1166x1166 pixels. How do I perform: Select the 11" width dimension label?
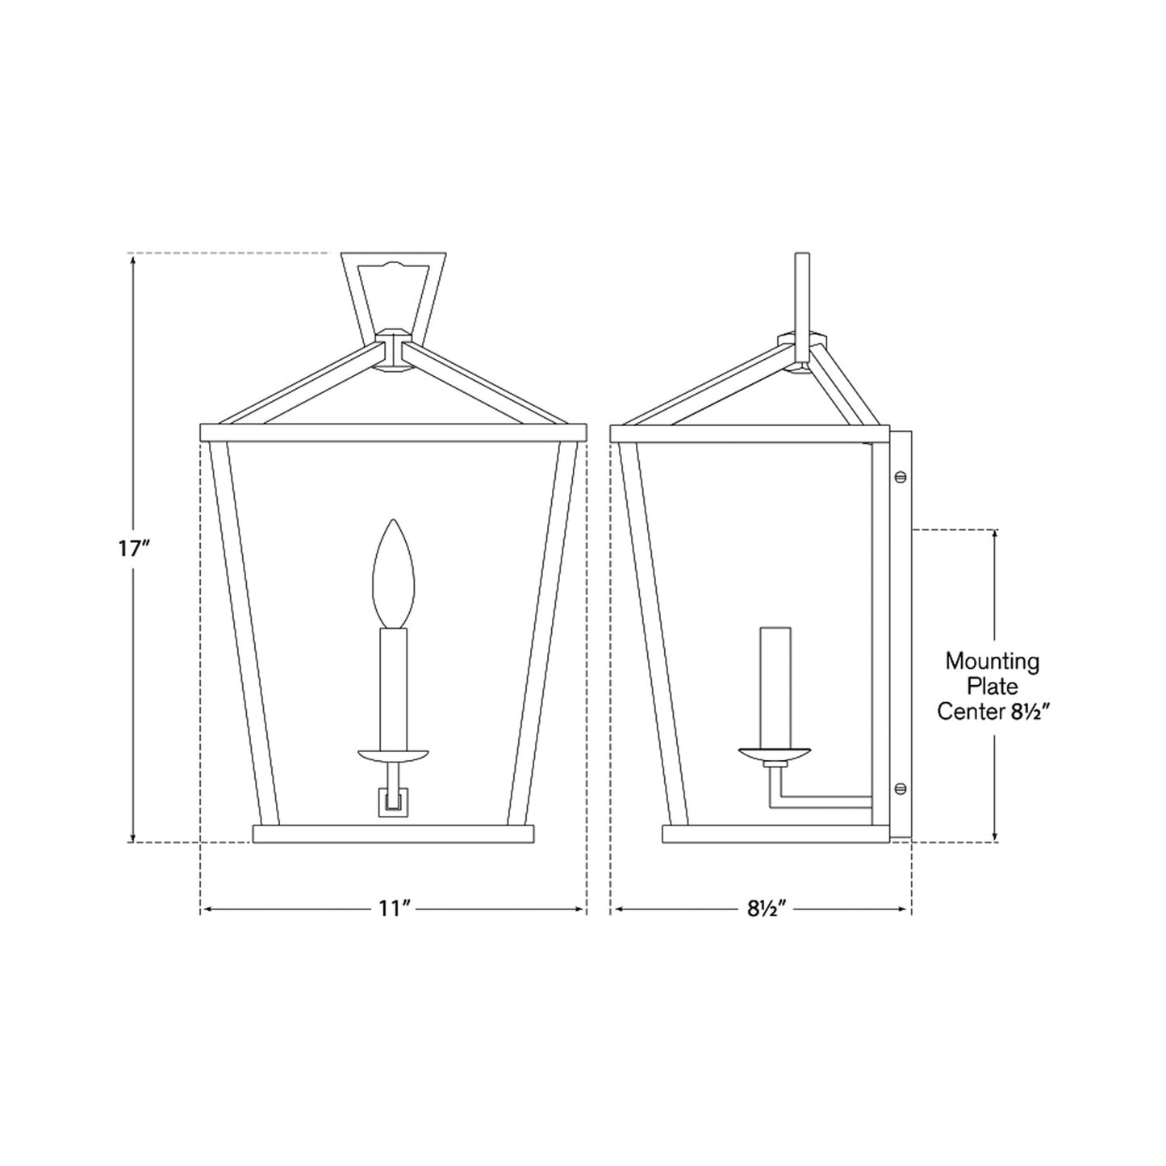[x=395, y=909]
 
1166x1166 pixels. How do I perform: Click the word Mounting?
[x=993, y=663]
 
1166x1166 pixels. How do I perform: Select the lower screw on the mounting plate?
[x=901, y=788]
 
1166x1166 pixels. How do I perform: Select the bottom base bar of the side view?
[x=767, y=834]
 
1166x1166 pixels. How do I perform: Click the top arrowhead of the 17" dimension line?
[x=133, y=259]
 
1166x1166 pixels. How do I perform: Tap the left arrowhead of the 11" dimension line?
[x=207, y=909]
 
